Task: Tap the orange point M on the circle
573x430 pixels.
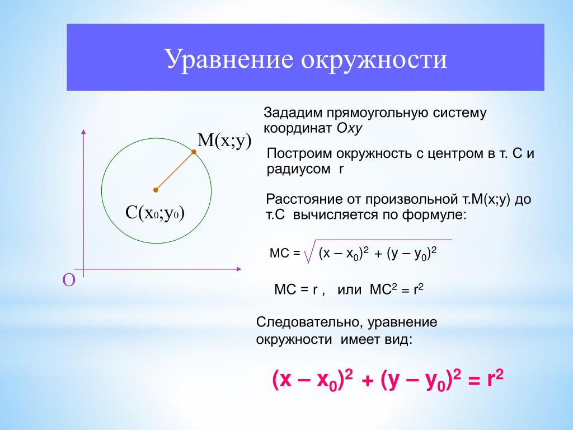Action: (x=194, y=152)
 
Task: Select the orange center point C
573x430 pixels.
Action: (x=156, y=190)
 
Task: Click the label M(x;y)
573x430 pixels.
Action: (x=224, y=141)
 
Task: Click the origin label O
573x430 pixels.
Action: (x=69, y=280)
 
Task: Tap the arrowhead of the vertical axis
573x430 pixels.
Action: (x=84, y=132)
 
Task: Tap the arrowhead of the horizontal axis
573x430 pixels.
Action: (x=239, y=269)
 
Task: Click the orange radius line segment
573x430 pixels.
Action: (x=175, y=171)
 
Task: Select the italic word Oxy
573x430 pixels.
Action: (x=349, y=129)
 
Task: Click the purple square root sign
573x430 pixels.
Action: (x=309, y=251)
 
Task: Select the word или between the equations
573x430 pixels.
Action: (x=349, y=290)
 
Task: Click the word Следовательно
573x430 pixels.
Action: (x=310, y=322)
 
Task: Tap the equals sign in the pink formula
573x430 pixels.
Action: (x=473, y=381)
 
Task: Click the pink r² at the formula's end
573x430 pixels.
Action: (x=495, y=378)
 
